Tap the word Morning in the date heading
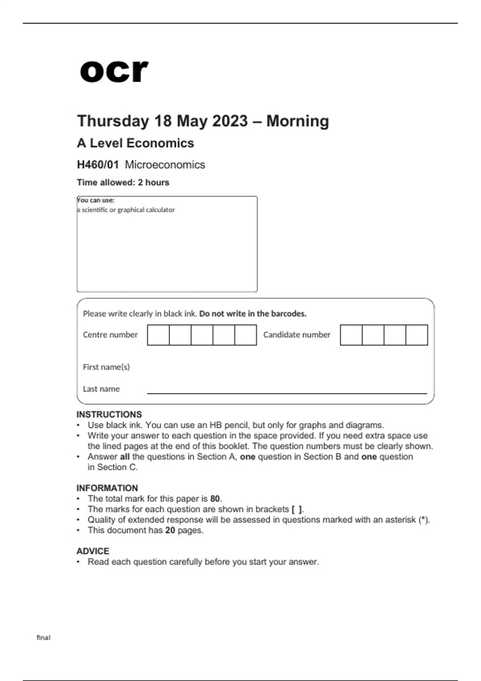(x=297, y=121)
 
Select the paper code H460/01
(x=98, y=165)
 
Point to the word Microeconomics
(x=165, y=165)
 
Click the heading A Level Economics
(x=135, y=143)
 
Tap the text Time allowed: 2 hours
(x=123, y=183)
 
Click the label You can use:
(x=96, y=200)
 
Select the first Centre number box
(x=158, y=335)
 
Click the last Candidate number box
(x=416, y=335)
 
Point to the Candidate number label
(x=297, y=335)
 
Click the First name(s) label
(x=106, y=367)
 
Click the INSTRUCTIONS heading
(x=109, y=415)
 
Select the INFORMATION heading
(x=107, y=488)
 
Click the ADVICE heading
(x=93, y=551)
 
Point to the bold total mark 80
(x=215, y=499)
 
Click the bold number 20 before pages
(x=170, y=530)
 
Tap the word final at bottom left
(x=43, y=638)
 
